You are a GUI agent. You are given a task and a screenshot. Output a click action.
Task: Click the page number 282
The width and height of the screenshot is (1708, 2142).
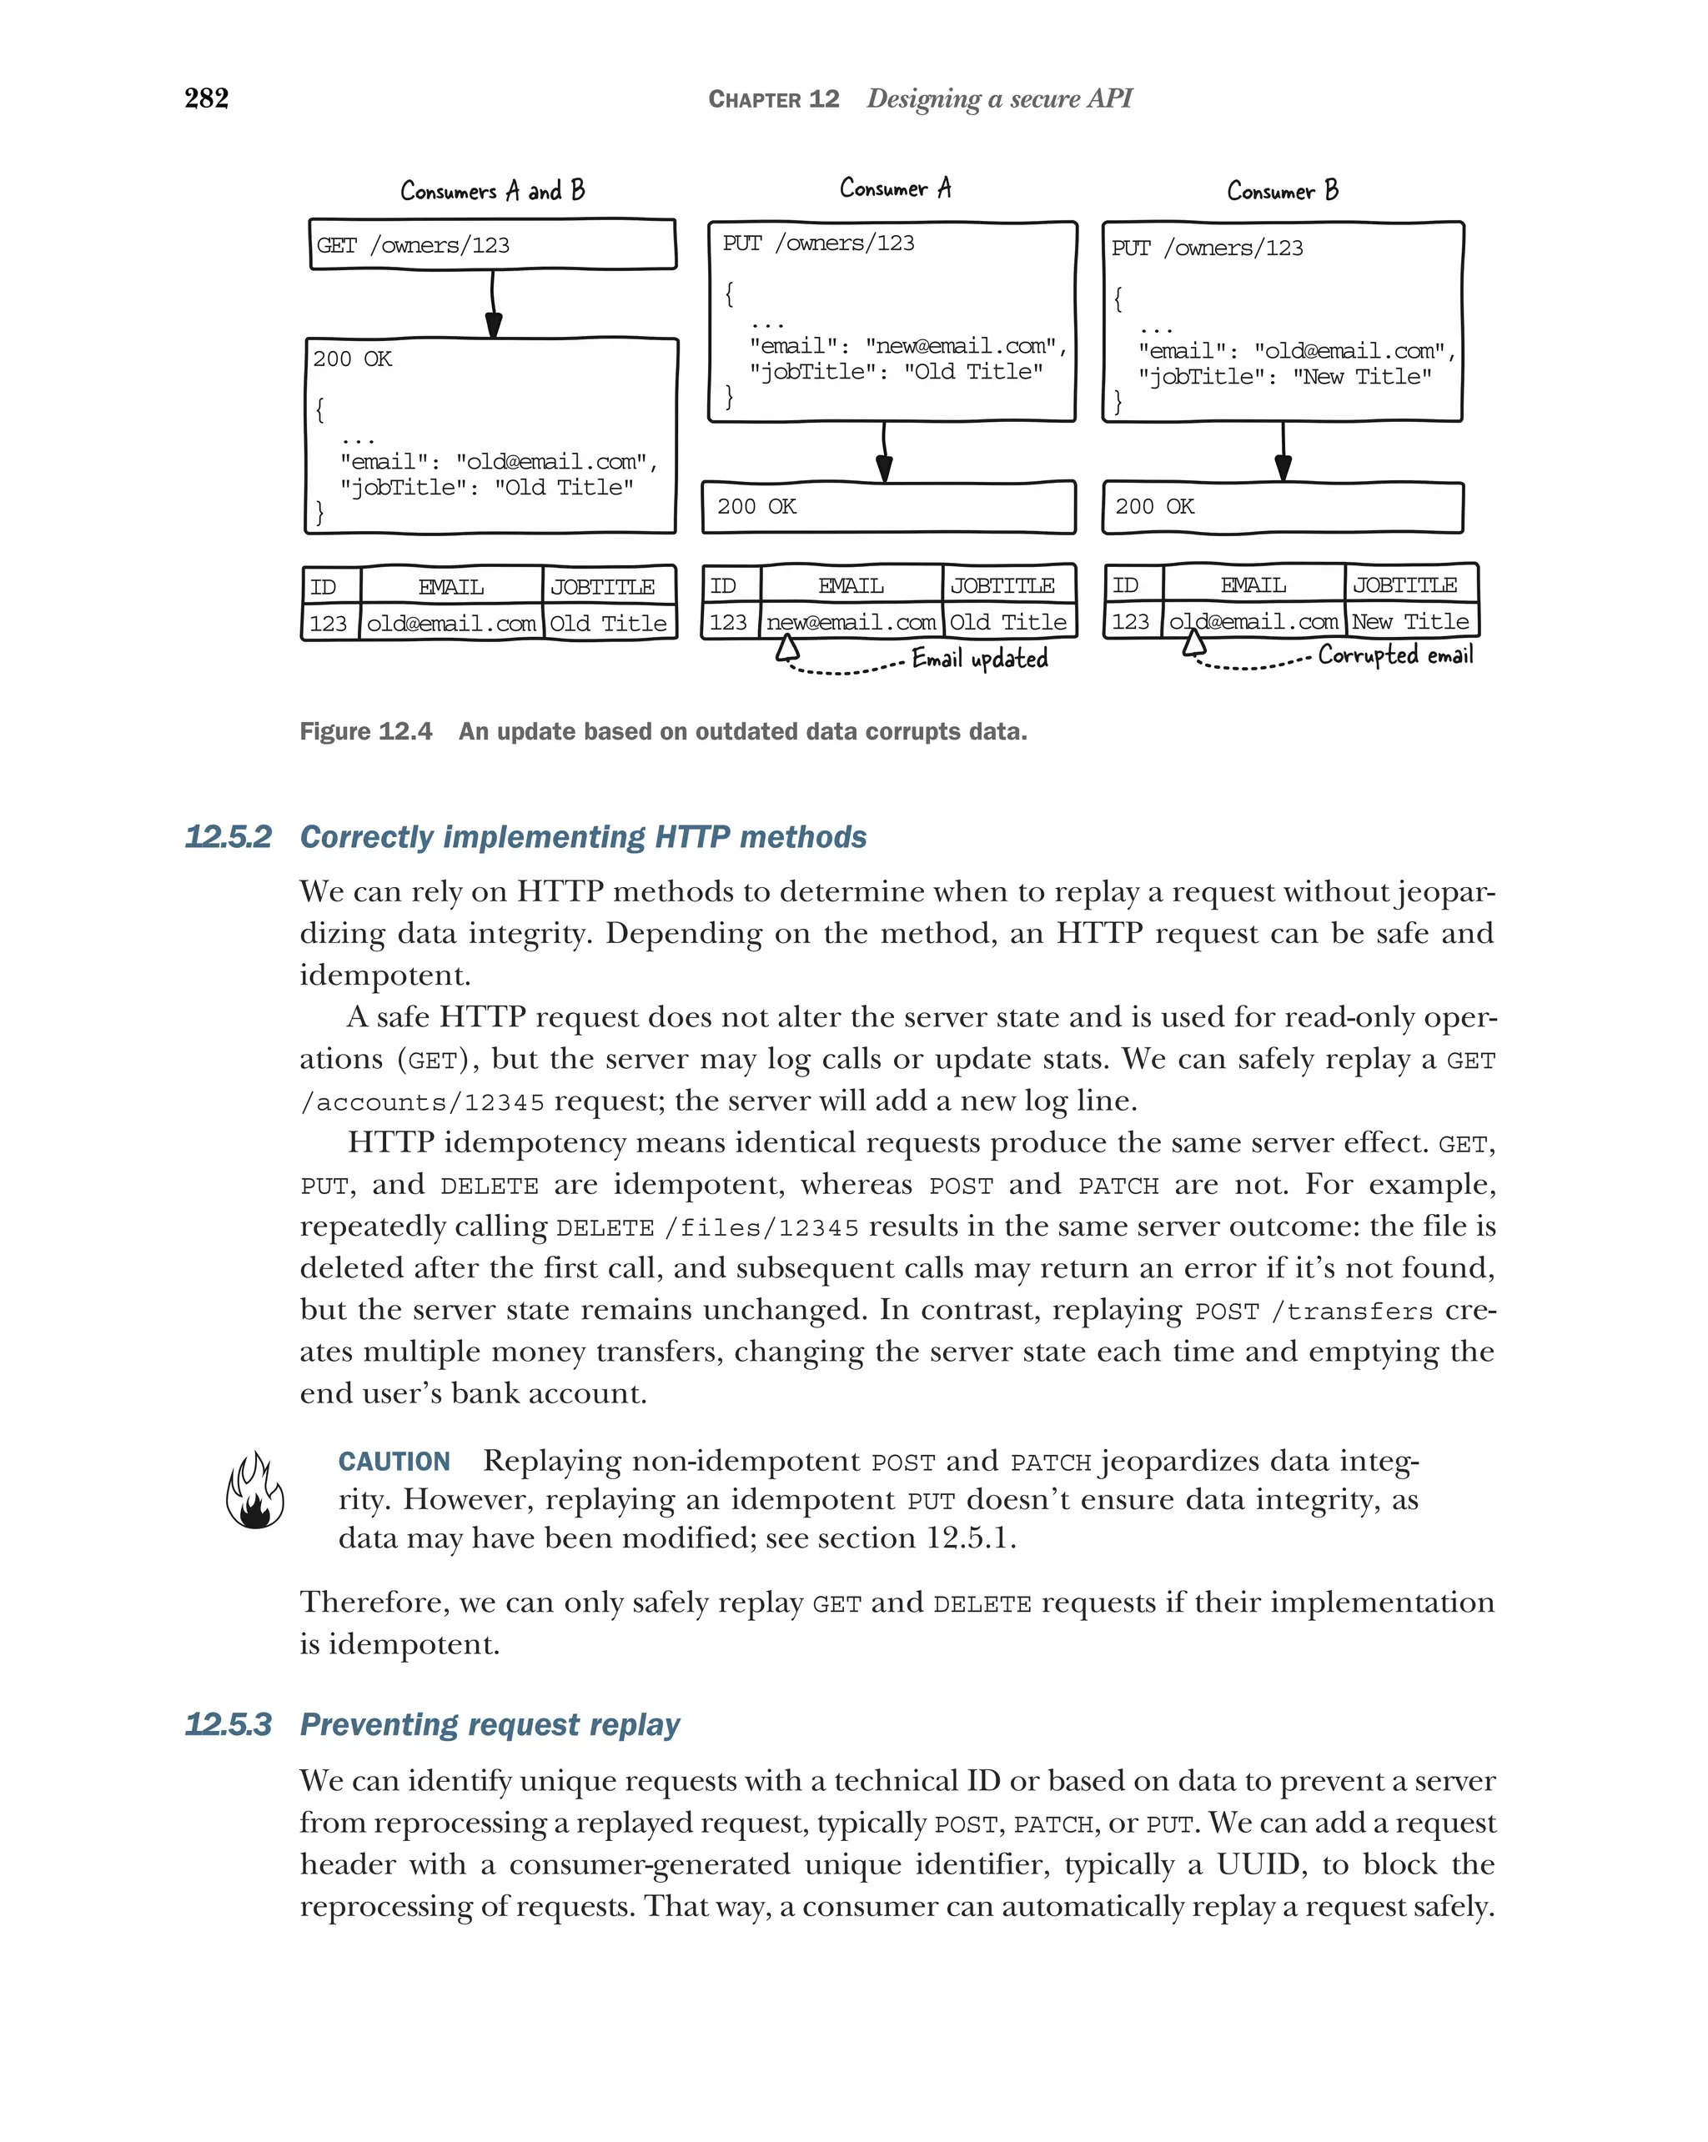pyautogui.click(x=207, y=98)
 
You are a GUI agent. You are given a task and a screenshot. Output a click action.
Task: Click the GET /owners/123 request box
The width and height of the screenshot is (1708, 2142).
pyautogui.click(x=492, y=244)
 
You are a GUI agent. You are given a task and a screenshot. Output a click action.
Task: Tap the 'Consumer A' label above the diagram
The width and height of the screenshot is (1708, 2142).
pyautogui.click(x=894, y=188)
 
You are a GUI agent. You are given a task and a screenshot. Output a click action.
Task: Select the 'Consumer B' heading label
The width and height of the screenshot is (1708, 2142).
pyautogui.click(x=1282, y=191)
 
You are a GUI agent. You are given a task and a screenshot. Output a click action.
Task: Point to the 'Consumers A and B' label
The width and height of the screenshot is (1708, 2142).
pyautogui.click(x=492, y=191)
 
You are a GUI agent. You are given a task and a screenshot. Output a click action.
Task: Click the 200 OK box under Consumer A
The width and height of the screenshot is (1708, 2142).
pyautogui.click(x=888, y=507)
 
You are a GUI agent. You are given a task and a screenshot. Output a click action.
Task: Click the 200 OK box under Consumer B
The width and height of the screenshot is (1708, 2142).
pyautogui.click(x=1282, y=507)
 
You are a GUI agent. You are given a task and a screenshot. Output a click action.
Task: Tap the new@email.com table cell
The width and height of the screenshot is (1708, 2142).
pyautogui.click(x=851, y=623)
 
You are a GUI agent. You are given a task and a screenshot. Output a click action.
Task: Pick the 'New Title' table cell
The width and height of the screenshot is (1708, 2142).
pyautogui.click(x=1410, y=622)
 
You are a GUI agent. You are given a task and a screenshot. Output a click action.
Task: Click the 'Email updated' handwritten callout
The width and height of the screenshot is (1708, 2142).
pyautogui.click(x=980, y=659)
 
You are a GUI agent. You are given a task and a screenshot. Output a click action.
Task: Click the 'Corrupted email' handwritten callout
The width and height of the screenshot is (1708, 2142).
pyautogui.click(x=1395, y=655)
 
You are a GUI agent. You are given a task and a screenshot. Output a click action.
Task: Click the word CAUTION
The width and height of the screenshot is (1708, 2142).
pyautogui.click(x=394, y=1462)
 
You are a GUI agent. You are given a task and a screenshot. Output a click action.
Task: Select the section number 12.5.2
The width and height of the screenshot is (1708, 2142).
pyautogui.click(x=228, y=836)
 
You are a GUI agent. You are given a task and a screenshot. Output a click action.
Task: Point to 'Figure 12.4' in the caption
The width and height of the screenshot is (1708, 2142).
pyautogui.click(x=365, y=731)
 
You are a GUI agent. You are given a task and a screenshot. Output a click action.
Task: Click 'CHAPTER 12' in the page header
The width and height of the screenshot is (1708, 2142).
pyautogui.click(x=773, y=99)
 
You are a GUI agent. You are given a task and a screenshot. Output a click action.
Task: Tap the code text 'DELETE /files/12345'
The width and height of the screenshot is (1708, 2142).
pyautogui.click(x=706, y=1228)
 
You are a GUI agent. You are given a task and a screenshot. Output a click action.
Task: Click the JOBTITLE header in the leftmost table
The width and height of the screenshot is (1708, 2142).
pyautogui.click(x=602, y=587)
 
